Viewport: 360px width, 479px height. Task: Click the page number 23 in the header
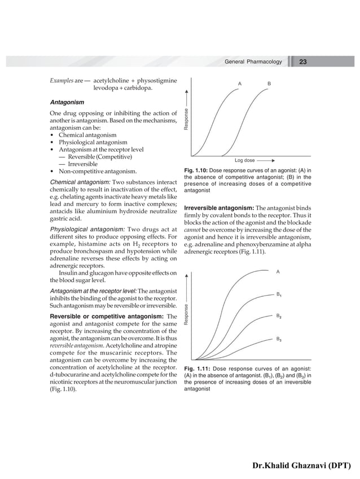coord(303,61)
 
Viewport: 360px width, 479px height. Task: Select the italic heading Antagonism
coord(67,103)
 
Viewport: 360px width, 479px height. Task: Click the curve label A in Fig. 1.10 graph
coord(240,84)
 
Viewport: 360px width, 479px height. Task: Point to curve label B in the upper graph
coord(269,84)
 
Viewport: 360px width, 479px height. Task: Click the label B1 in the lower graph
coord(279,295)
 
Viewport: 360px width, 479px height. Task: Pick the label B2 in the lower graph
coord(279,317)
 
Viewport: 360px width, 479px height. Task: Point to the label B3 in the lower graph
coord(279,340)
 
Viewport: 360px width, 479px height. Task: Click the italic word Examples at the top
coord(61,81)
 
